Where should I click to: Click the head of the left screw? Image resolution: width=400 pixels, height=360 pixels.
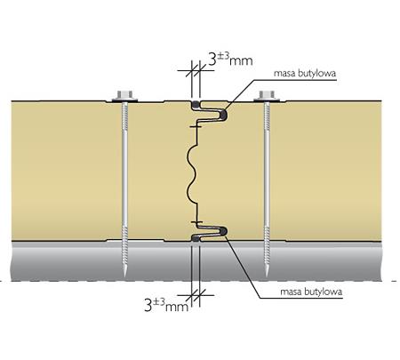tap(124, 96)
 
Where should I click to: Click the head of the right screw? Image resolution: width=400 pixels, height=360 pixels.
tap(267, 96)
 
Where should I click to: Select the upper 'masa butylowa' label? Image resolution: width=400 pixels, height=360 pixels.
tap(305, 73)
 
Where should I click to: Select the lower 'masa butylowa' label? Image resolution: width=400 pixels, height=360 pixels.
tap(311, 292)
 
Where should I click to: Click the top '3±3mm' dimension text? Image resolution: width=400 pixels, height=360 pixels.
tap(230, 59)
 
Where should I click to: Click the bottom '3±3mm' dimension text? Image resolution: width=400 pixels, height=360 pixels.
tap(166, 305)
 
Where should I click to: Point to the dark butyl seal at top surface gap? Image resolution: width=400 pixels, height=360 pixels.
tap(196, 104)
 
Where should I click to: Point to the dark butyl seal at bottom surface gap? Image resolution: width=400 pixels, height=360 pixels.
tap(196, 238)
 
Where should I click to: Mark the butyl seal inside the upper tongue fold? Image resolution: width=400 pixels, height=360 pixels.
tap(224, 115)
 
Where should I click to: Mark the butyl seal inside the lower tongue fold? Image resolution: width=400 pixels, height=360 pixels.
tap(223, 230)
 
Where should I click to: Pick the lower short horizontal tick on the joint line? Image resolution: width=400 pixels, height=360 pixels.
tap(196, 222)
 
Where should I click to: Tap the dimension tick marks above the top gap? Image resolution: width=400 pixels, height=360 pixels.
tap(196, 70)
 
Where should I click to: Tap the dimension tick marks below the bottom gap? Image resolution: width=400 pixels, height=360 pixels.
tap(196, 295)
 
